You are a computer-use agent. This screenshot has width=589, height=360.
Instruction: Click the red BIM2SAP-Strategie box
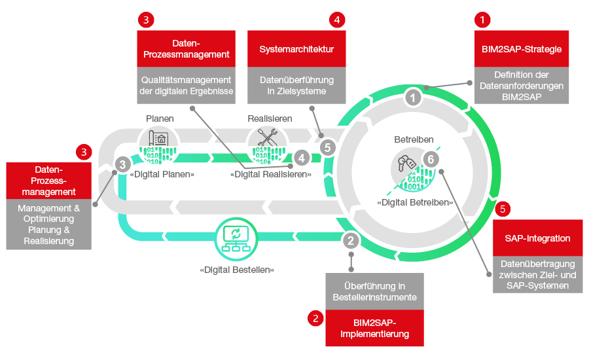[521, 48]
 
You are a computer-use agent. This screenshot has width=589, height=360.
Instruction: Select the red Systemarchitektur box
[296, 48]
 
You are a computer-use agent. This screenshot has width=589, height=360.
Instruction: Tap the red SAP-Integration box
[538, 238]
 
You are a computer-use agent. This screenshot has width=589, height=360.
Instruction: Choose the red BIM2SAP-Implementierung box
[374, 327]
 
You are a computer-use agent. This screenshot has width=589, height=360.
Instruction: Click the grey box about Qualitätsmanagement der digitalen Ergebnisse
[187, 85]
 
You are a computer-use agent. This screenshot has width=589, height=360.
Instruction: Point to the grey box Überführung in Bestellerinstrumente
[374, 291]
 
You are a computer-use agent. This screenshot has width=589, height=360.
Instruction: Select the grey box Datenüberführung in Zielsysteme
[296, 85]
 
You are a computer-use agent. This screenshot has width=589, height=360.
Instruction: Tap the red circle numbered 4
[336, 20]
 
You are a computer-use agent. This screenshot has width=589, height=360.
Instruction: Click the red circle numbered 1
[482, 20]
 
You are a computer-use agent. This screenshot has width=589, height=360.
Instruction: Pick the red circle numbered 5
[502, 209]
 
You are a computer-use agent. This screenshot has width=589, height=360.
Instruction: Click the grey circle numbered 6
[429, 159]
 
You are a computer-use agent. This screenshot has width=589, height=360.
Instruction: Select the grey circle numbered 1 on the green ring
[412, 98]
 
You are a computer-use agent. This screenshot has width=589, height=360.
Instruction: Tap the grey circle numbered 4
[300, 157]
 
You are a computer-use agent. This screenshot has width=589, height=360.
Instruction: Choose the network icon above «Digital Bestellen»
[233, 237]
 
